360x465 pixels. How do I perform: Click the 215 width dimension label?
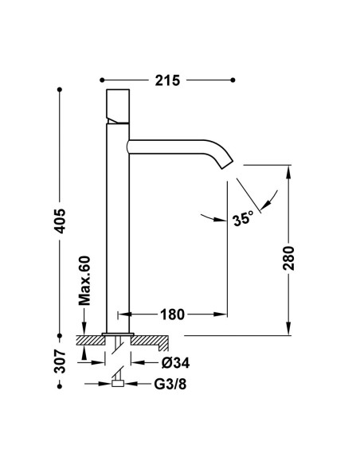(167, 80)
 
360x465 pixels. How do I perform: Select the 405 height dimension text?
(61, 221)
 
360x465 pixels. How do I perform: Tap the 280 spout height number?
(288, 258)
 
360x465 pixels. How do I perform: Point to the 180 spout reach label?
(172, 315)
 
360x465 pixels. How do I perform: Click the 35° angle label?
(243, 219)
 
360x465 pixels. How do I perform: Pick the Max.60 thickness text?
(84, 280)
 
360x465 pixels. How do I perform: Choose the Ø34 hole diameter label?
(175, 363)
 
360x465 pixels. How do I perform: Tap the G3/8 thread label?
(170, 385)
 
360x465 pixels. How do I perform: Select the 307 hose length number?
(61, 361)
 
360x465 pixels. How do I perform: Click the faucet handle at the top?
(118, 106)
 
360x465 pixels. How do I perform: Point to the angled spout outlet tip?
(228, 165)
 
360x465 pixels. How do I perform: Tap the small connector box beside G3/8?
(118, 384)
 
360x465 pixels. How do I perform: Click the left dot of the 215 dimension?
(102, 80)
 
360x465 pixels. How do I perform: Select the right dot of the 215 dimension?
(233, 80)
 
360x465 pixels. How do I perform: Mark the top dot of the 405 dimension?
(60, 89)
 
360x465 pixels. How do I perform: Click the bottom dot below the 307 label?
(60, 386)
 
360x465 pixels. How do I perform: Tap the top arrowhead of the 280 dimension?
(288, 172)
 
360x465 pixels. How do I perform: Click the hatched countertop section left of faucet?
(91, 340)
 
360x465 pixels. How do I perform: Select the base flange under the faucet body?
(118, 334)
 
